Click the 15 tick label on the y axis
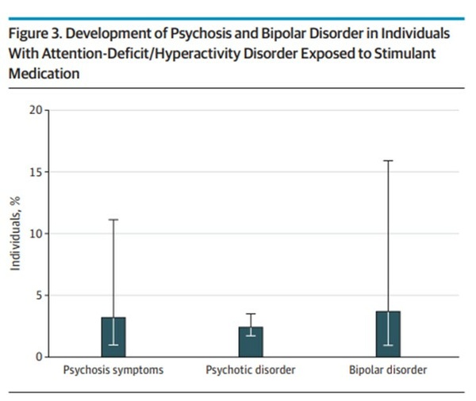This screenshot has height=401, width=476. [36, 171]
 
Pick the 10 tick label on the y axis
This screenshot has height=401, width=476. [36, 233]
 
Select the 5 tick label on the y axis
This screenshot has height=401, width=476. [39, 295]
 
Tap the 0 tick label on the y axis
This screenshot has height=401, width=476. [39, 357]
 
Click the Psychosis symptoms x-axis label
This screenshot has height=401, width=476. [113, 370]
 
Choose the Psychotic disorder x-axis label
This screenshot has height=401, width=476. [251, 370]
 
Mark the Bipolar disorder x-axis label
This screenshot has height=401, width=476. [388, 370]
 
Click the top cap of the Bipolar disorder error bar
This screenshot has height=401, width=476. [388, 161]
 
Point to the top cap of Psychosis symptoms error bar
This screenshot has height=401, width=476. [113, 220]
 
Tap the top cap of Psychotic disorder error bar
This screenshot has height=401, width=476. [251, 314]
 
